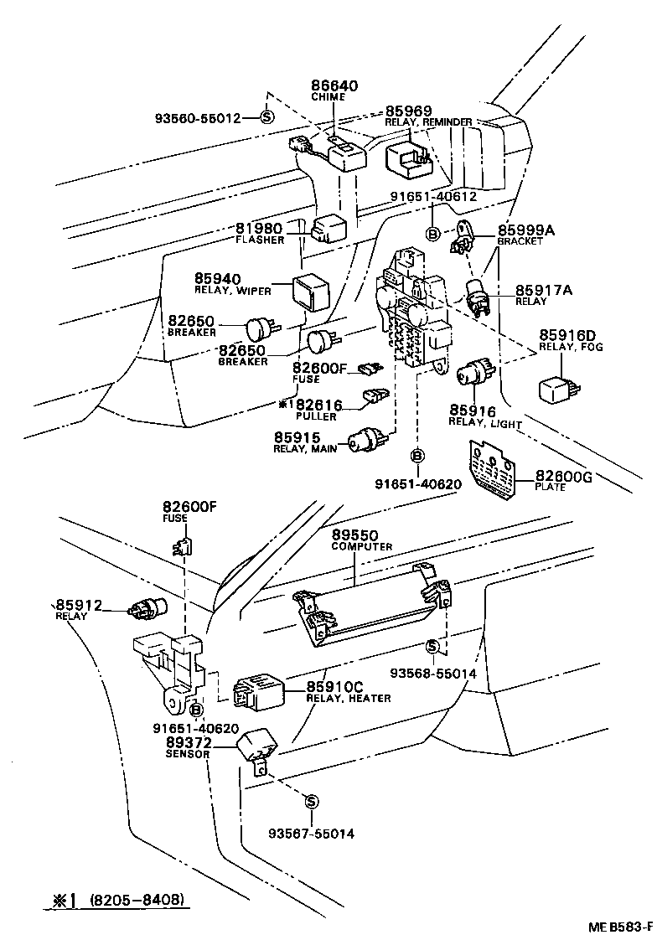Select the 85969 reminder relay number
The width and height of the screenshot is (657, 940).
tap(408, 111)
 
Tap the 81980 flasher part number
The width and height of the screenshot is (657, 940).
tap(258, 230)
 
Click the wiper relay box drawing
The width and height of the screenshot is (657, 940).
tap(312, 290)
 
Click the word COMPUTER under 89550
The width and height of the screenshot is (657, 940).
tap(362, 546)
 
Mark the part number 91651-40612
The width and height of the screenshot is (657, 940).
tap(433, 197)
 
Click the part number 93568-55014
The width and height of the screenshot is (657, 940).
tap(434, 672)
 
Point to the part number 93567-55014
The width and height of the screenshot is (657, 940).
tap(312, 833)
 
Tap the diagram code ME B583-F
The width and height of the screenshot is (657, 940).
tap(619, 927)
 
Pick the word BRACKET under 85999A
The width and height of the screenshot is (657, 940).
tap(520, 241)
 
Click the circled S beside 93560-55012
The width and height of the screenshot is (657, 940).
tap(267, 117)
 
